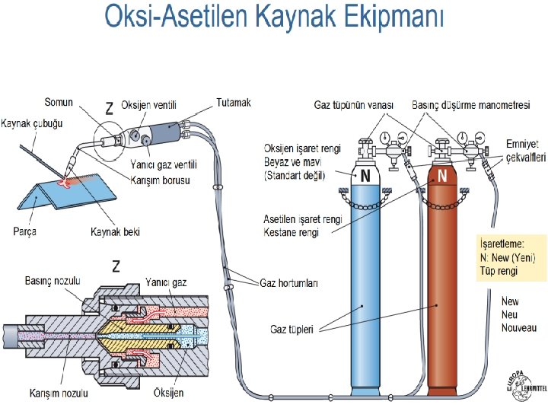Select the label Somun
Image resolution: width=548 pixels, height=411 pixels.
click(x=59, y=103)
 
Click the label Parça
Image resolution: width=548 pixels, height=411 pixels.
click(x=24, y=231)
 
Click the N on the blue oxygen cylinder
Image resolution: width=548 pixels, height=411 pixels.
click(x=365, y=176)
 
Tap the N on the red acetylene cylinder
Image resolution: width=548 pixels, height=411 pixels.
click(x=442, y=176)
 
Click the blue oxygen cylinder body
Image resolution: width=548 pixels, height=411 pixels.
click(x=365, y=289)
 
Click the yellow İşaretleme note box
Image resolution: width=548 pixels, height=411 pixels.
click(x=506, y=260)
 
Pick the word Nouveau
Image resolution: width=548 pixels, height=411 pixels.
click(x=518, y=327)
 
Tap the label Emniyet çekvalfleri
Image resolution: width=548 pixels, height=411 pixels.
click(x=525, y=151)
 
